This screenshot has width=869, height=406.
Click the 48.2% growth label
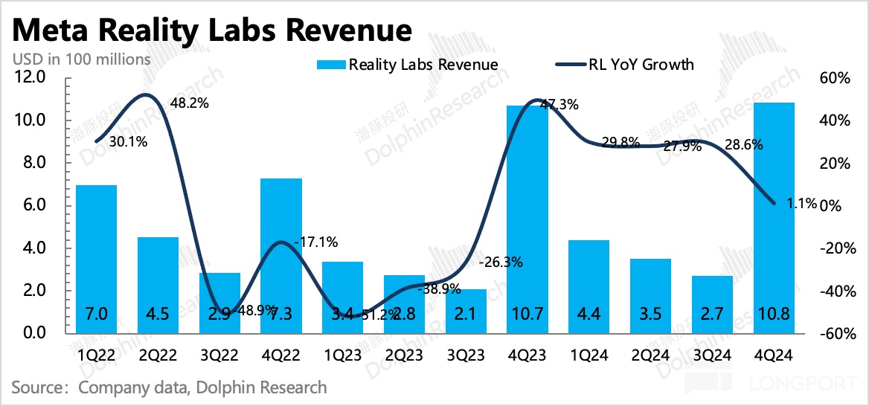coord(189,103)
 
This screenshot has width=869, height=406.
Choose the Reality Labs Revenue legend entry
coord(407,65)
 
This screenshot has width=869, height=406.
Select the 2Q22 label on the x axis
coord(158,356)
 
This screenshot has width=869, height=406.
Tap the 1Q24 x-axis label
coord(589,356)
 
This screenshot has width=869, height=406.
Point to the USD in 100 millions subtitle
coord(81,59)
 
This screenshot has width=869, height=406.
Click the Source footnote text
coord(169,387)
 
